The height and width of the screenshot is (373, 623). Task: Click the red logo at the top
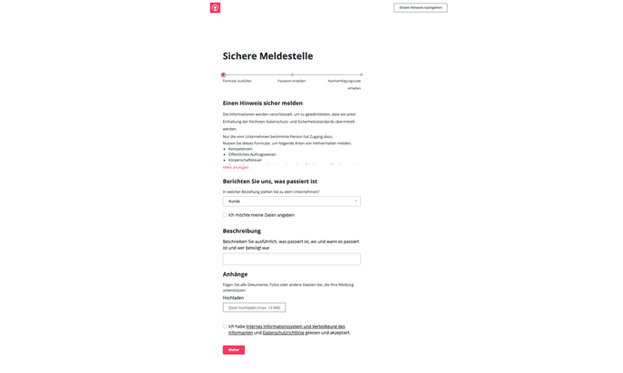click(x=215, y=7)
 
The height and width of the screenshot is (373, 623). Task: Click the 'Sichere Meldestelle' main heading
click(x=268, y=56)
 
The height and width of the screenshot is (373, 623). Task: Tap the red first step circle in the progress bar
click(x=223, y=74)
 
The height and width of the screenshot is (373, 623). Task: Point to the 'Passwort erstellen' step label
click(x=291, y=81)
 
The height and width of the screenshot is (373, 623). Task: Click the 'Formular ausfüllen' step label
click(x=237, y=81)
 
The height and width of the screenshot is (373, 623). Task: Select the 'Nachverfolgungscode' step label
click(x=345, y=81)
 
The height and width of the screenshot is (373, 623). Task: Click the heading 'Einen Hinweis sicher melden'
click(x=263, y=103)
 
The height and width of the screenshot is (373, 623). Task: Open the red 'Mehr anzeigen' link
click(x=236, y=167)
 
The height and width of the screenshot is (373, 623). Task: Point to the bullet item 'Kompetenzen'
click(x=240, y=149)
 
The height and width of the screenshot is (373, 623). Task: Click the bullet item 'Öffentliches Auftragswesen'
click(x=252, y=154)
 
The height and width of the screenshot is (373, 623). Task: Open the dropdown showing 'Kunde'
click(x=291, y=201)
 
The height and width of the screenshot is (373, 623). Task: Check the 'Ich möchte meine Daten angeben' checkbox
click(x=225, y=215)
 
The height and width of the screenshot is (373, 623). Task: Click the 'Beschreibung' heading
click(x=242, y=231)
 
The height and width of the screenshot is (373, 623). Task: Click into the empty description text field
click(x=291, y=259)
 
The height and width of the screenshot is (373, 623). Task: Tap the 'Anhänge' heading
click(x=235, y=274)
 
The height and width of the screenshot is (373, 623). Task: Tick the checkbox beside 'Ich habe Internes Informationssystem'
click(x=225, y=327)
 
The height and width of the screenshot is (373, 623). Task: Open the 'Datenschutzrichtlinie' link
click(x=284, y=333)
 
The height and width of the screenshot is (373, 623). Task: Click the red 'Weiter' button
click(x=233, y=350)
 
